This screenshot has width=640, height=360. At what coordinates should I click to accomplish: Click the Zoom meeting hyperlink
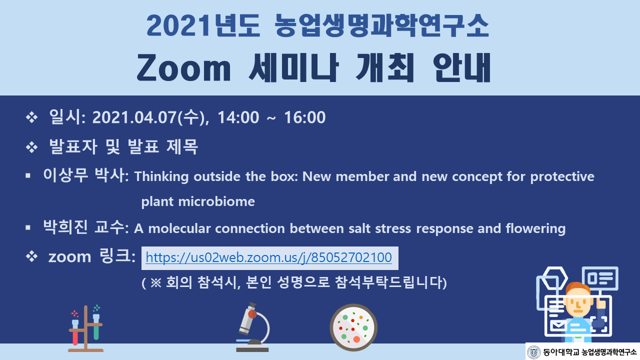(268, 257)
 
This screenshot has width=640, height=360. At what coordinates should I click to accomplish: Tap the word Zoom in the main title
(183, 68)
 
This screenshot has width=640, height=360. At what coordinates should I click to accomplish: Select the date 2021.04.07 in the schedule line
(134, 117)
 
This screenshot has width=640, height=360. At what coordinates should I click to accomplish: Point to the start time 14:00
(238, 117)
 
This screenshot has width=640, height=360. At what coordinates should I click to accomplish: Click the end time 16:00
(305, 117)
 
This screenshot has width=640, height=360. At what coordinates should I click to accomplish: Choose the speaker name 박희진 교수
(83, 227)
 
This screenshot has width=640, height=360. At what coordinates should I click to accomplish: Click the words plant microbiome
(198, 201)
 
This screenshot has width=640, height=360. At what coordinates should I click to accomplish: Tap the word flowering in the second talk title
(535, 229)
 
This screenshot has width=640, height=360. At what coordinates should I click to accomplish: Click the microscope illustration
(253, 327)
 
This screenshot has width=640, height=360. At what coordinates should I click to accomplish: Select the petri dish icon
(353, 327)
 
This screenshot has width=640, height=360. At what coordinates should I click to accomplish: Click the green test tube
(96, 327)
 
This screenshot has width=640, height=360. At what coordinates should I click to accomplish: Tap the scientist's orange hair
(577, 288)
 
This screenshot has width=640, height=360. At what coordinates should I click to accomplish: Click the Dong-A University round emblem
(533, 352)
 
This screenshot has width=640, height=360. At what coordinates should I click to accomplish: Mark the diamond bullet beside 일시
(31, 117)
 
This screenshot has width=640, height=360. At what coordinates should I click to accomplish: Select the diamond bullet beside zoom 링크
(31, 256)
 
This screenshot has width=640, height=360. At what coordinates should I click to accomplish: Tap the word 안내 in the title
(462, 68)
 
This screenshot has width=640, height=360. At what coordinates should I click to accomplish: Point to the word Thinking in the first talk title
(161, 176)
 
